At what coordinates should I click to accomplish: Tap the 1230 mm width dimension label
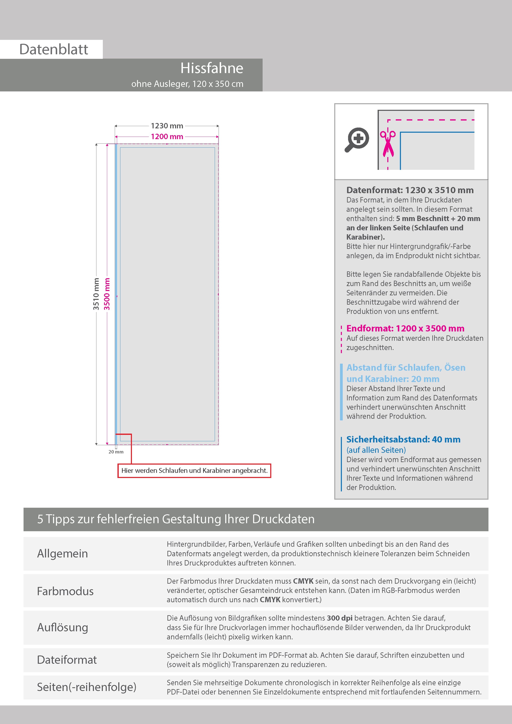point(167,126)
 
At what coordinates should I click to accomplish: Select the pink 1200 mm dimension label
point(167,137)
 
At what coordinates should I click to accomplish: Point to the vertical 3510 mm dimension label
point(96,294)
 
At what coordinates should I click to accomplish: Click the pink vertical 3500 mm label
point(107,294)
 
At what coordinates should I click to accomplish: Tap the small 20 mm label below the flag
point(116,452)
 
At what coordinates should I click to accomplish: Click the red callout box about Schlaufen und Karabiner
point(194,471)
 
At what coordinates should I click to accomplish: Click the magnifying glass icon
point(357,139)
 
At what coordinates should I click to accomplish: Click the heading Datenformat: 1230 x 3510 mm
point(410,190)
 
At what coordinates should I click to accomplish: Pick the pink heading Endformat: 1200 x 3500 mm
point(405,328)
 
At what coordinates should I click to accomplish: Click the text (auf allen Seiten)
point(376,450)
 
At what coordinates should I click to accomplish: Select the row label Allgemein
point(63,553)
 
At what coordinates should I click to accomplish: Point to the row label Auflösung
point(63,627)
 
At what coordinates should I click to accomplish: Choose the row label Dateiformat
point(67,660)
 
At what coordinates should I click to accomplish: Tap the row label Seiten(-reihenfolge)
point(87,687)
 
